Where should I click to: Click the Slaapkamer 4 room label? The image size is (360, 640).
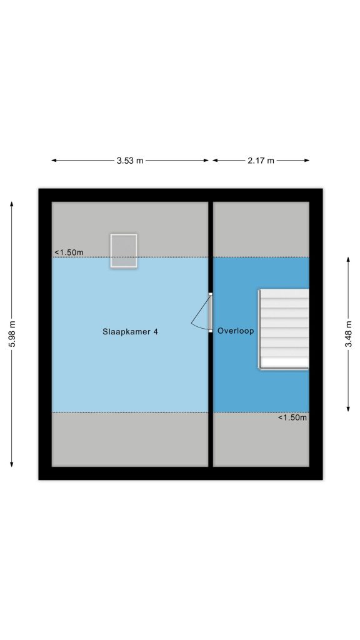[130, 331]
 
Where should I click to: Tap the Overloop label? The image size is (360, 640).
[236, 331]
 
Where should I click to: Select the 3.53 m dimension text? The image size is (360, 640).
[130, 161]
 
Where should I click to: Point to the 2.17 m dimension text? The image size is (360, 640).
[261, 161]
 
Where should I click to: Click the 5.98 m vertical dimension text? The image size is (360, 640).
[12, 334]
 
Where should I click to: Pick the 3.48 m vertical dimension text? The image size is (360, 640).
[348, 334]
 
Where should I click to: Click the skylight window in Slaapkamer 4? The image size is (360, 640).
[124, 251]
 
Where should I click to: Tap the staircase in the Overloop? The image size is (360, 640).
[284, 329]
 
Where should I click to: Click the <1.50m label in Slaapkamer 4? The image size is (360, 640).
[69, 252]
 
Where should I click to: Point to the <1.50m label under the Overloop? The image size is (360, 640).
[292, 417]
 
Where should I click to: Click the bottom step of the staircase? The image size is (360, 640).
[284, 363]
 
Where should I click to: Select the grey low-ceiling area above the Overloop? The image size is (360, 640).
[261, 229]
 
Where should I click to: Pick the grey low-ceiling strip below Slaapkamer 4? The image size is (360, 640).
[130, 439]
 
